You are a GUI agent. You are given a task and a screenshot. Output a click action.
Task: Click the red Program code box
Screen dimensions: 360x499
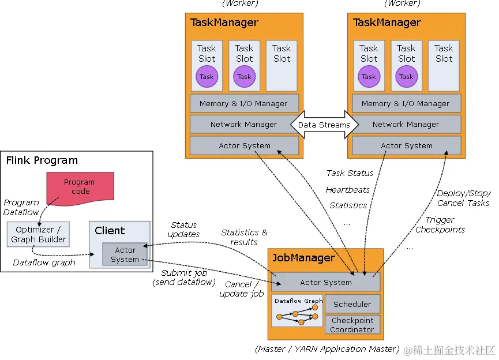[x=80, y=186]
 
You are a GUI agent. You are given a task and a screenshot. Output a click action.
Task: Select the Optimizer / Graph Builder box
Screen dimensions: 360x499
[x=39, y=235]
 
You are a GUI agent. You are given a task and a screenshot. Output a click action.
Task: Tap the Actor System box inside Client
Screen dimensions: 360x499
[x=125, y=254]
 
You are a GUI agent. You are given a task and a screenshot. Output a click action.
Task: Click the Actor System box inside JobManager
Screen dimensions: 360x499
[x=326, y=282]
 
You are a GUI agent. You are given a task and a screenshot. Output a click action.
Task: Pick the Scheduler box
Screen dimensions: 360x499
[x=352, y=304]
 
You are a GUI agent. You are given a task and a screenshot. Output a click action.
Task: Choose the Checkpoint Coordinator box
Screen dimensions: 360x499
[x=352, y=325]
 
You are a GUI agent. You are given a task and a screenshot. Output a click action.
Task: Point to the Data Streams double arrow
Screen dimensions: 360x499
[x=324, y=125]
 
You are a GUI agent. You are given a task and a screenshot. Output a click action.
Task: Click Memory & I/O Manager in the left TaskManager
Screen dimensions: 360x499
[x=244, y=103]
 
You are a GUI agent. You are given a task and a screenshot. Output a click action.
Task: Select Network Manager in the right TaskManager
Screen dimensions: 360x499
[x=406, y=124]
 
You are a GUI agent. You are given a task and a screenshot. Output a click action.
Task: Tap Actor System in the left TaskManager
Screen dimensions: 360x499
[x=244, y=146]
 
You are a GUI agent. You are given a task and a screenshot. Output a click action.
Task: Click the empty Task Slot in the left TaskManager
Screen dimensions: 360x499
[x=282, y=65]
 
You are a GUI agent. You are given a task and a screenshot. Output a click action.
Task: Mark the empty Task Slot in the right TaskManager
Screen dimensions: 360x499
[x=444, y=65]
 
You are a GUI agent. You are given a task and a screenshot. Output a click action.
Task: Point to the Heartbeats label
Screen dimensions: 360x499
[x=347, y=189]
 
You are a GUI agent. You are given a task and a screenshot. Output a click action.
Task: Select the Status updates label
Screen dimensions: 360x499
[x=184, y=230]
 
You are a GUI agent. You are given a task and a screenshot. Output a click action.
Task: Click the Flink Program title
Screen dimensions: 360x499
[x=42, y=160]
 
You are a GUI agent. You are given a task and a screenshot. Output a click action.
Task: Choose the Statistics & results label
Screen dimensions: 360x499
[x=244, y=237]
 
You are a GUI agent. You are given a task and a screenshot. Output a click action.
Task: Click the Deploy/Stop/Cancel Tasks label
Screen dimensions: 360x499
[x=463, y=198]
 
